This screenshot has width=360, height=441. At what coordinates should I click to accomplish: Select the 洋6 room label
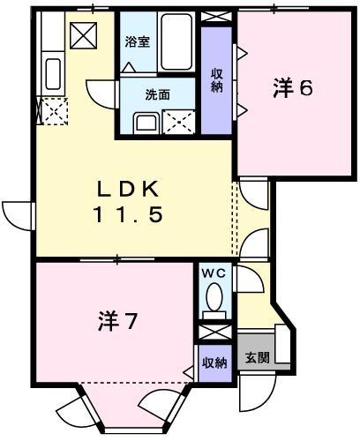tap(293, 88)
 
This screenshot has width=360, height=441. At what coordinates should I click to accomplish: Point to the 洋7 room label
tap(116, 322)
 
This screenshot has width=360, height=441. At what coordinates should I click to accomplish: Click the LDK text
tap(128, 189)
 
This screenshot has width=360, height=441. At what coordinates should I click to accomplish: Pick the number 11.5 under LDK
tap(128, 214)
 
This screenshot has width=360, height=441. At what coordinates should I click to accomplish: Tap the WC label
tap(214, 274)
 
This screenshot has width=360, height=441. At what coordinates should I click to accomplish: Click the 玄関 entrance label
tap(258, 357)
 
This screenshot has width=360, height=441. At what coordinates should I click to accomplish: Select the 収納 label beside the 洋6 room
tap(216, 79)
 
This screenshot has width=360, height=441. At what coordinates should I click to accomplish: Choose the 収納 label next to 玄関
tap(214, 362)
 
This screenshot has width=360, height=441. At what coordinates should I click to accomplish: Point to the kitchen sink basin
tap(52, 71)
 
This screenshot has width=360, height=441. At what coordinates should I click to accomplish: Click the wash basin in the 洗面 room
tap(143, 122)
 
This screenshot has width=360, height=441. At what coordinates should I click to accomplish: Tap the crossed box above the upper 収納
tap(216, 15)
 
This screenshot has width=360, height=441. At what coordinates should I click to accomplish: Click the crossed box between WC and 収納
tap(214, 333)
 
